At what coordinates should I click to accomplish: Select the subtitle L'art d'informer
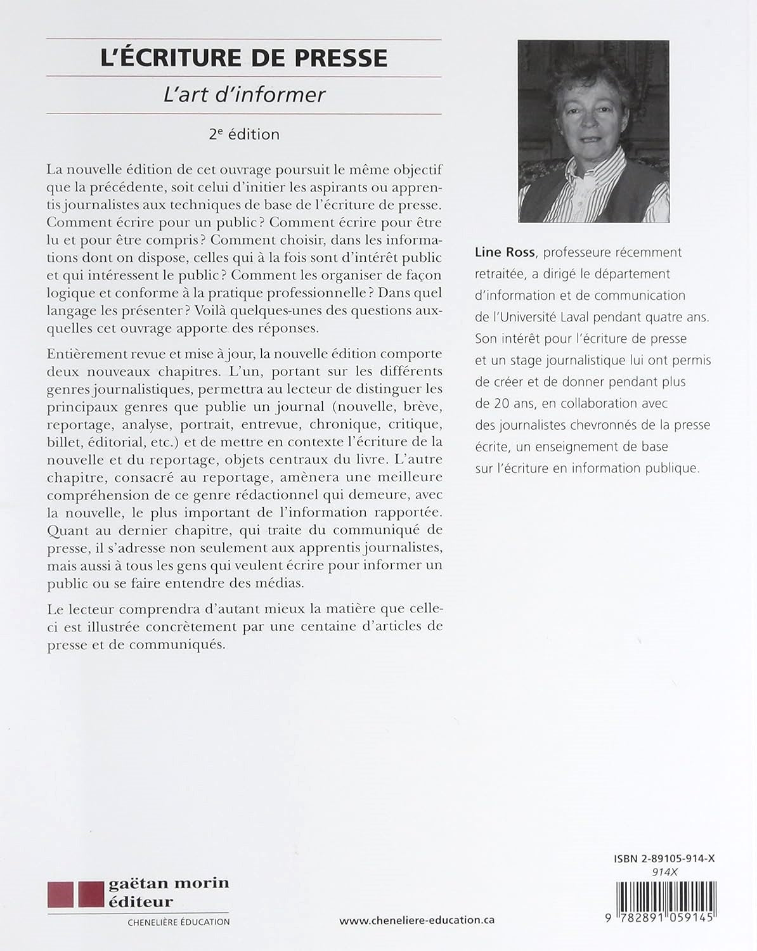[244, 94]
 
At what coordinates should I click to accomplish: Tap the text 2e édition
[244, 134]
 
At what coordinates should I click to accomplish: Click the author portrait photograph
[593, 131]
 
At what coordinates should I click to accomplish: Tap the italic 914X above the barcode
[664, 872]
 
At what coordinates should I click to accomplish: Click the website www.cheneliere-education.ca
[417, 921]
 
